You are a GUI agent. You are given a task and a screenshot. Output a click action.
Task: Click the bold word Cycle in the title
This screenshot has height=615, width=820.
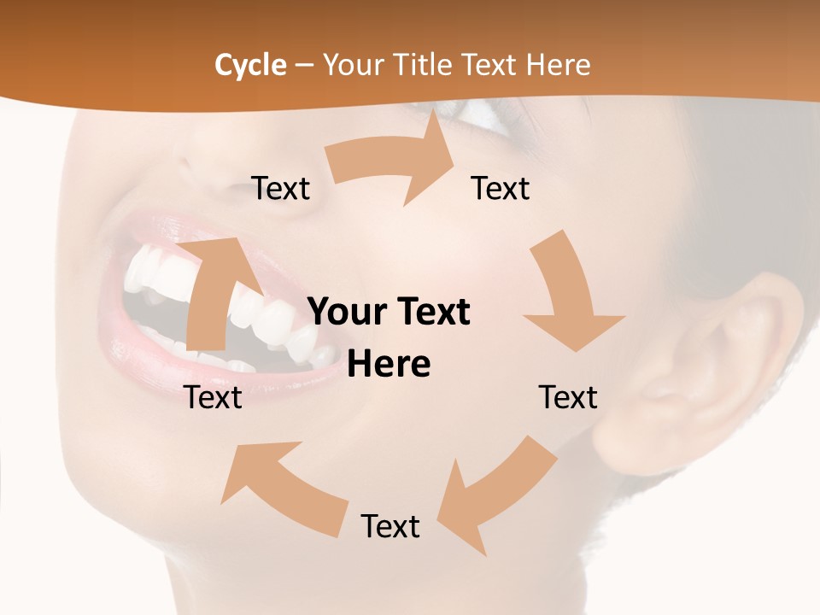[250, 65]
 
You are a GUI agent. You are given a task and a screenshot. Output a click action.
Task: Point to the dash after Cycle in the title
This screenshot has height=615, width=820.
[304, 66]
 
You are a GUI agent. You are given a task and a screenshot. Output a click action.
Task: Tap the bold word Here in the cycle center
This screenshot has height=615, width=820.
[389, 365]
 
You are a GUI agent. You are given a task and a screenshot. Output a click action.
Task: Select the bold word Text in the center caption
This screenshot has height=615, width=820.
[430, 313]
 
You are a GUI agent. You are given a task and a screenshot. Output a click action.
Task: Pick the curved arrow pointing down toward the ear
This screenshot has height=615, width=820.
[568, 290]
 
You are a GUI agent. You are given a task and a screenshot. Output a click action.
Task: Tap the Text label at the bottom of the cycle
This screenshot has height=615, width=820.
[390, 527]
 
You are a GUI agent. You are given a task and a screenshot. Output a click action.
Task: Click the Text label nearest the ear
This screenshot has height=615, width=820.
[568, 397]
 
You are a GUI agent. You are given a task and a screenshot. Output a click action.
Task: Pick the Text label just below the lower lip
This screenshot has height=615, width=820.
[214, 397]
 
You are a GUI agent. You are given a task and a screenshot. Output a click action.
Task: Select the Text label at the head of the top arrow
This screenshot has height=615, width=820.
[501, 188]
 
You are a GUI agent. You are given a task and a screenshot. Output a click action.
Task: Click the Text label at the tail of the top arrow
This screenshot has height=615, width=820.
[280, 188]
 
